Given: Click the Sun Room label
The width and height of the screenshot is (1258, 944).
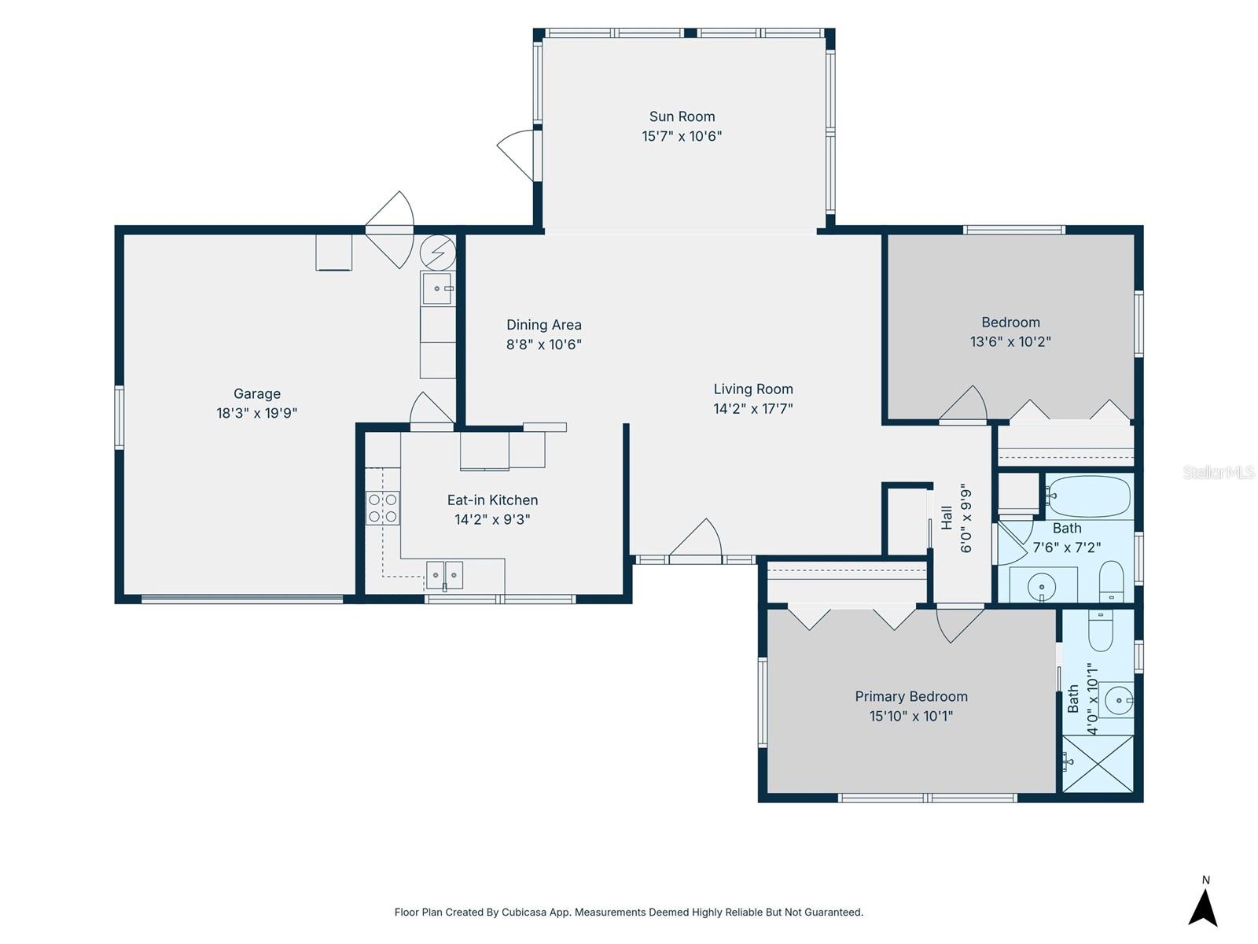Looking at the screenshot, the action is click(682, 116).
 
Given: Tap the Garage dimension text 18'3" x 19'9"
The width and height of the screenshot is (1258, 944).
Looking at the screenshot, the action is click(257, 413).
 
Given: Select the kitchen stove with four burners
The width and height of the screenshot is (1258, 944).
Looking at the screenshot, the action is click(383, 508).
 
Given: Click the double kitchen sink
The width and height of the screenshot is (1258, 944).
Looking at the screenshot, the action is click(444, 575).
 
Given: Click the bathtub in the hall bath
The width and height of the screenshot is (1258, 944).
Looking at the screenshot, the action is click(1088, 496).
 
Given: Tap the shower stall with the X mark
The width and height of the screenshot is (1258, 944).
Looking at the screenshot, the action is click(1098, 763).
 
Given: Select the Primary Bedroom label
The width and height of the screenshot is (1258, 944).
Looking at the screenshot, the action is click(911, 696).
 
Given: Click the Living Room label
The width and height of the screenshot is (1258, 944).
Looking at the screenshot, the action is click(753, 389).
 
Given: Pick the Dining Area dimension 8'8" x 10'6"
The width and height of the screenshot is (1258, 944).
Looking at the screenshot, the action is click(544, 345).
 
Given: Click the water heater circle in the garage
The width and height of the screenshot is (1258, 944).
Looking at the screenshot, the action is click(438, 253).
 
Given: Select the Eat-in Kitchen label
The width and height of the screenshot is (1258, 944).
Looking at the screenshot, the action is click(492, 500).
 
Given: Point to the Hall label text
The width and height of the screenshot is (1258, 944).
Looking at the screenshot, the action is click(946, 518).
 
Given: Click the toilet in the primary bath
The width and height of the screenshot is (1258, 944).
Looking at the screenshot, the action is click(1100, 630).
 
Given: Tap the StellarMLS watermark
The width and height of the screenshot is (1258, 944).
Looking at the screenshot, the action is click(1219, 472).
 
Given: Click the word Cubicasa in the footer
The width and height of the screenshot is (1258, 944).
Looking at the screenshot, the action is click(524, 912).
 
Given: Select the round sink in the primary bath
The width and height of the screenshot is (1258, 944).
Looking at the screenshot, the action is click(1119, 700).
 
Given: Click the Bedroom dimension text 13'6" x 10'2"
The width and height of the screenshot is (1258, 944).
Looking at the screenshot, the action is click(1010, 341).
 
